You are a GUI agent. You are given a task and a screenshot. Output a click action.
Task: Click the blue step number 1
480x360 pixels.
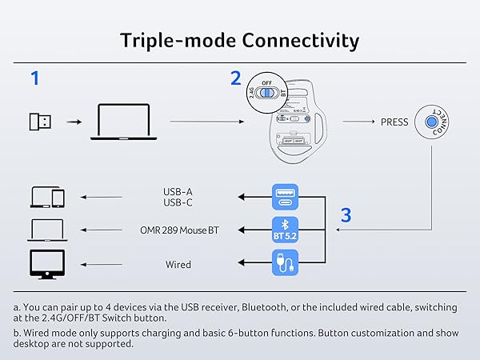point(34,78)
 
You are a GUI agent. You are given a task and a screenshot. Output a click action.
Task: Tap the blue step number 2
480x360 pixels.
point(235,78)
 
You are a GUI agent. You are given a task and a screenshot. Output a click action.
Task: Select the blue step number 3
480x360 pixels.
point(346,214)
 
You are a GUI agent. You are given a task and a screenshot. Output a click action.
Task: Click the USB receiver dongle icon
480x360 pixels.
point(40,122)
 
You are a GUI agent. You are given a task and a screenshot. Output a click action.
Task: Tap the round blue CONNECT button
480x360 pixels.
point(435,122)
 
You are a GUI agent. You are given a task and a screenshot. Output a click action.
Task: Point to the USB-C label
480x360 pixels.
point(178,203)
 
